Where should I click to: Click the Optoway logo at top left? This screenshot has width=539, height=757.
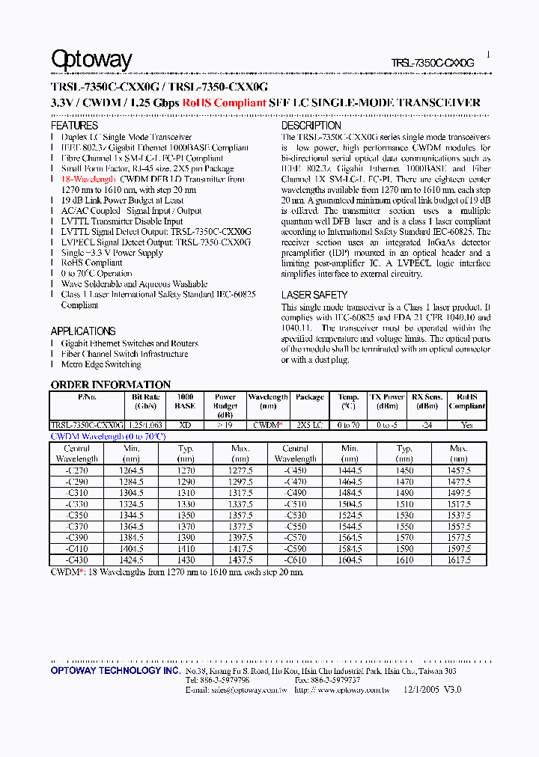pyautogui.click(x=91, y=59)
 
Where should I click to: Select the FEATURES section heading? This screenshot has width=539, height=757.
pyautogui.click(x=74, y=126)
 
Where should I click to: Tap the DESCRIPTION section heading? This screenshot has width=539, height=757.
pyautogui.click(x=311, y=126)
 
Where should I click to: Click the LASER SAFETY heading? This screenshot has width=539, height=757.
pyautogui.click(x=314, y=295)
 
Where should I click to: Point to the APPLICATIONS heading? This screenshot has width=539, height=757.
pyautogui.click(x=83, y=331)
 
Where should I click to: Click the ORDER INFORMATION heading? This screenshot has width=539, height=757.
pyautogui.click(x=111, y=384)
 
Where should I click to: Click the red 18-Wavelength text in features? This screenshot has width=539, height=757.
pyautogui.click(x=88, y=180)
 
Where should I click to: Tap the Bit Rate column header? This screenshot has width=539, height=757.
pyautogui.click(x=145, y=402)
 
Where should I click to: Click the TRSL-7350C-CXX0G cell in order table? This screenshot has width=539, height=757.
pyautogui.click(x=87, y=424)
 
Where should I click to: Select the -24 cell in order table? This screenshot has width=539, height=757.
pyautogui.click(x=427, y=424)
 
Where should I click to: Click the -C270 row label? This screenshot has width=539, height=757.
pyautogui.click(x=77, y=471)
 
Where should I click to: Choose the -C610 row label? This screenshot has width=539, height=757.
pyautogui.click(x=295, y=560)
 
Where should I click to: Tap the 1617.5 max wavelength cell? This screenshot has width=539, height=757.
pyautogui.click(x=458, y=560)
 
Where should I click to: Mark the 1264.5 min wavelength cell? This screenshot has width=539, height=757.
pyautogui.click(x=132, y=471)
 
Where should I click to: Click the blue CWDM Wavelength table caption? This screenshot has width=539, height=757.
pyautogui.click(x=108, y=435)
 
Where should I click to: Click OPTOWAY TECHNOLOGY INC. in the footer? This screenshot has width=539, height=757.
pyautogui.click(x=115, y=671)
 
